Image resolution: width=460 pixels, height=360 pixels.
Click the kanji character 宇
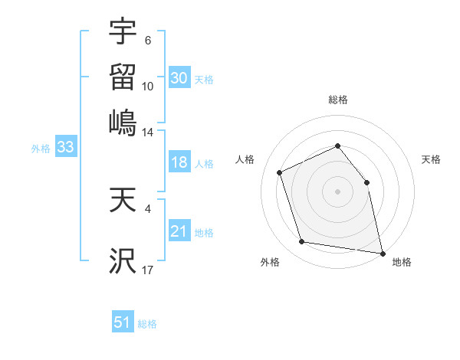[123, 32]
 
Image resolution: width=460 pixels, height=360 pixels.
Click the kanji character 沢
[123, 261]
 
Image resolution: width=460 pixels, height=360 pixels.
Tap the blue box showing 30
[179, 77]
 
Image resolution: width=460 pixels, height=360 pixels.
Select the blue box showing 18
[179, 162]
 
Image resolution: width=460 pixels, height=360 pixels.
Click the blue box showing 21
[179, 231]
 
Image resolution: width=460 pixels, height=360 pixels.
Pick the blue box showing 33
[64, 148]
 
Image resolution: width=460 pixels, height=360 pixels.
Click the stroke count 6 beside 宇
[148, 41]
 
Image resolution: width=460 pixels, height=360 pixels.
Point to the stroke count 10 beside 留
[148, 86]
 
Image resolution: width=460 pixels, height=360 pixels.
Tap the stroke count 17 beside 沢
[148, 270]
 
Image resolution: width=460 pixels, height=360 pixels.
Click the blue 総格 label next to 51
[147, 324]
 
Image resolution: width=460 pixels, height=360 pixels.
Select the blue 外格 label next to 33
[41, 149]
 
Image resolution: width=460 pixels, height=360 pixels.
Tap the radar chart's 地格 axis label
[402, 263]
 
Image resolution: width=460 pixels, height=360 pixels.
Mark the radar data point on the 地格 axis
[382, 252]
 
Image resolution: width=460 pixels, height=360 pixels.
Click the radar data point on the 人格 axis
[280, 172]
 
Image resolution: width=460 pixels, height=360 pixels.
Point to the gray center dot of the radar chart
[337, 191]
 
